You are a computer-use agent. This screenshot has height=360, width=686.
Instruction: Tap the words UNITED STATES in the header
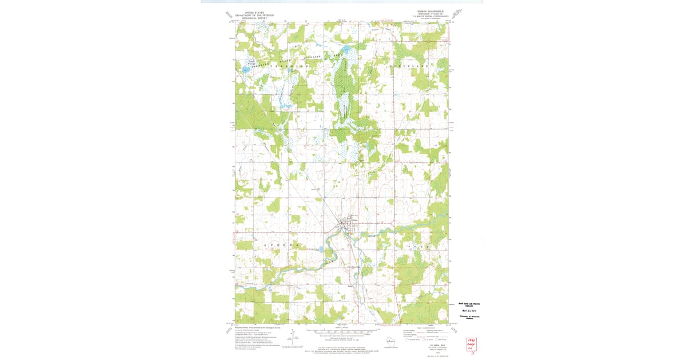pos(254,12)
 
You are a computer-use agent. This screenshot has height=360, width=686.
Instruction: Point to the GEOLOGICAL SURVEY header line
pos(254,18)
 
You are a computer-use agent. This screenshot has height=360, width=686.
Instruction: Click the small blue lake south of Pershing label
pos(245,70)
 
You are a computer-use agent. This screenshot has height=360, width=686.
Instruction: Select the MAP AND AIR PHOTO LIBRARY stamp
pos(469,304)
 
